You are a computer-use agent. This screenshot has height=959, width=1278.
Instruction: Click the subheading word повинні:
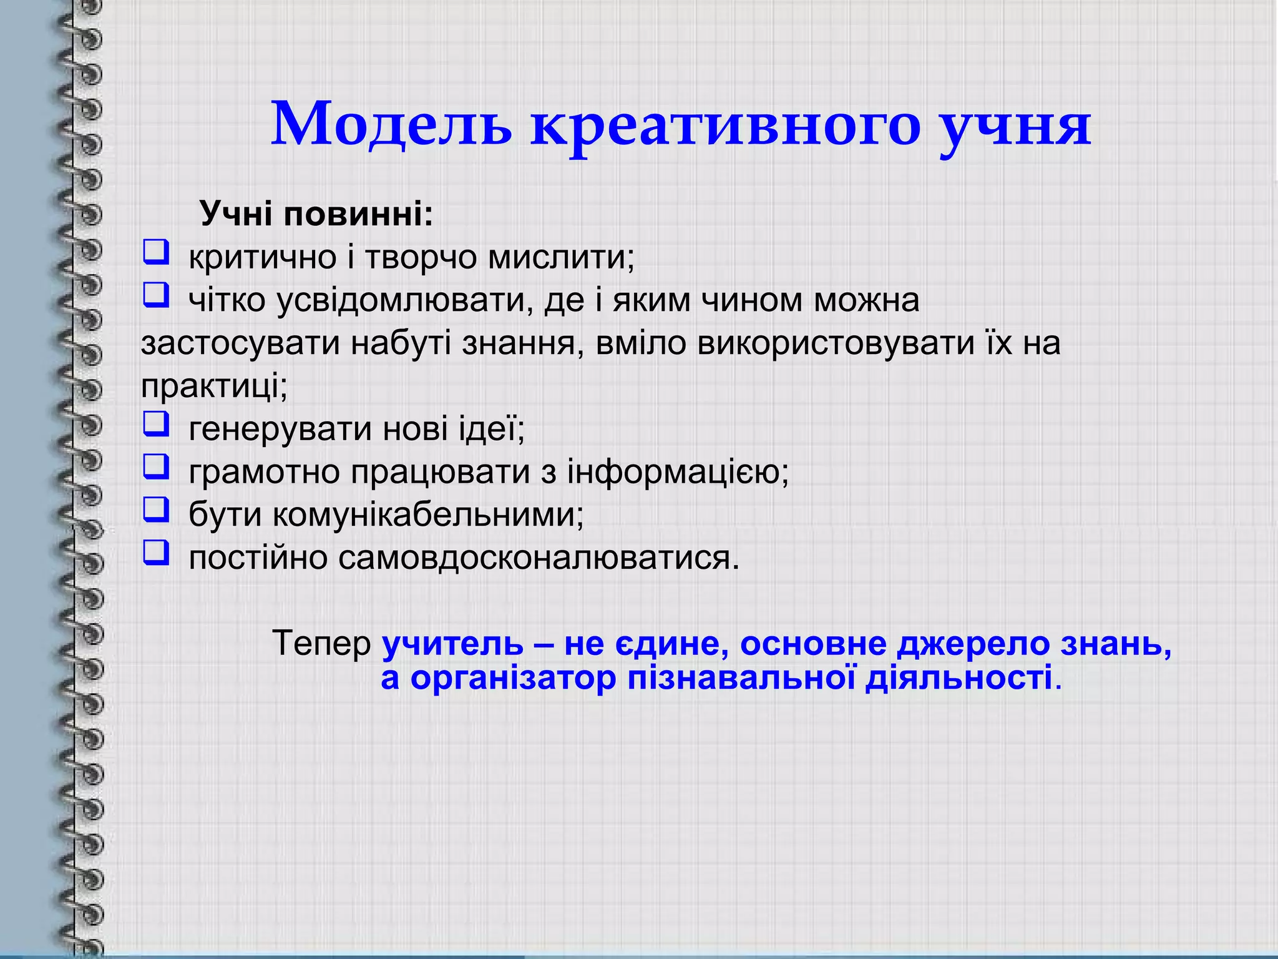pos(358,214)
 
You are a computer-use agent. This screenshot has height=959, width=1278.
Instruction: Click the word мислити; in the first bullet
pos(561,257)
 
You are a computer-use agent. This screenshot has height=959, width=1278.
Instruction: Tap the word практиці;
pos(214,386)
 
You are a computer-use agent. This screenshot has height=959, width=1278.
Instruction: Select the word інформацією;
pos(677,472)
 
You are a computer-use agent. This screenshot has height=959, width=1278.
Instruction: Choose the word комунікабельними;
pos(428,515)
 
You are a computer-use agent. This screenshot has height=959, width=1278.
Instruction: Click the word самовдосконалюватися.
pos(539,558)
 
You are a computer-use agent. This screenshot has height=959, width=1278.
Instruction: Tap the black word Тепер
pos(321,644)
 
